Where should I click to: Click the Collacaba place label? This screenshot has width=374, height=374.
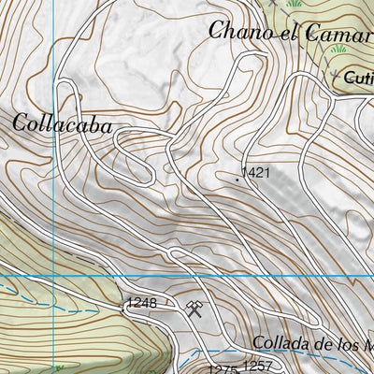click(63, 123)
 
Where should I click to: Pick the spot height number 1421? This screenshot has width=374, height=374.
click(255, 173)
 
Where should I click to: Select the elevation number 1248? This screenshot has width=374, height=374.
click(142, 303)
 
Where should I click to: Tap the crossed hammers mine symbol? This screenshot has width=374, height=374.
click(195, 309)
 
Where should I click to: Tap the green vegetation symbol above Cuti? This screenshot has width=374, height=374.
click(337, 49)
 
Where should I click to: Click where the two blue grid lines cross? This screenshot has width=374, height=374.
click(53, 277)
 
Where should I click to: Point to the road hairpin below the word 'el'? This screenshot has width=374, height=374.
click(251, 60)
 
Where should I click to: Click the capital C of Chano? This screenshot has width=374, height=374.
click(217, 30)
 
